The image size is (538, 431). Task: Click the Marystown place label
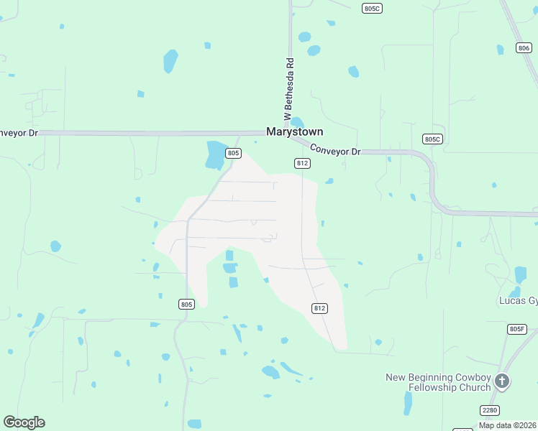(x=294, y=132)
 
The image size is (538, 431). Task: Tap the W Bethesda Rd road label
(x=288, y=89)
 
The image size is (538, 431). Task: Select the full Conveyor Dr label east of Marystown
(x=335, y=151)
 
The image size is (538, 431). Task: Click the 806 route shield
(x=524, y=48)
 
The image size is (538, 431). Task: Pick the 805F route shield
(x=516, y=329)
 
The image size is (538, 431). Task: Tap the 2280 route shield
(x=490, y=409)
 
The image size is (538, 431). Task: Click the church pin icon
(x=502, y=381)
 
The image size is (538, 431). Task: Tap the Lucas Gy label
(x=518, y=300)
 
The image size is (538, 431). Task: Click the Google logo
(x=24, y=422)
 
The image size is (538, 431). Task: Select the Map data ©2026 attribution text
(x=507, y=425)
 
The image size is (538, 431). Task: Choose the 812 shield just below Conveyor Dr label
(x=302, y=164)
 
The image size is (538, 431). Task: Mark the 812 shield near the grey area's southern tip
(x=320, y=308)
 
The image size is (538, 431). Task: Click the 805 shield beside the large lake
(x=233, y=153)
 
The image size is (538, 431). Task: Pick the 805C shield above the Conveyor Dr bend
(x=431, y=139)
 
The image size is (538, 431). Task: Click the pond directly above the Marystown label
(x=297, y=122)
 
